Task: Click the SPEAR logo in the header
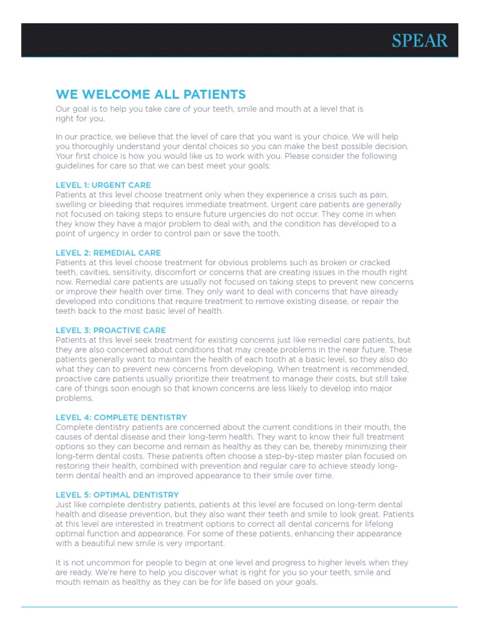pyautogui.click(x=420, y=41)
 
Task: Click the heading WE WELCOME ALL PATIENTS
pyautogui.click(x=151, y=94)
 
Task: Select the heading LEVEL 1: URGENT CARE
pyautogui.click(x=103, y=185)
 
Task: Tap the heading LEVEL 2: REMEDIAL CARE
pyautogui.click(x=108, y=253)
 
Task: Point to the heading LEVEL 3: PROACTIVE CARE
pyautogui.click(x=110, y=330)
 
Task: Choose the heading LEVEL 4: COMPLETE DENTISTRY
pyautogui.click(x=121, y=417)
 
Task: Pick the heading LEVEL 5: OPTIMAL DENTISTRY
pyautogui.click(x=117, y=495)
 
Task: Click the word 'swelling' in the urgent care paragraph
pyautogui.click(x=72, y=205)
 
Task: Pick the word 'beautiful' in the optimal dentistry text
pyautogui.click(x=98, y=544)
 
